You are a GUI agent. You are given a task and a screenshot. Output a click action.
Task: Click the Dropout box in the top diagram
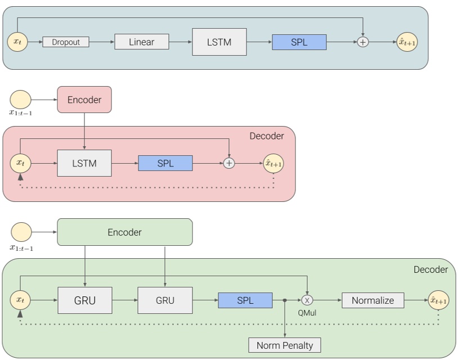[x=66, y=42]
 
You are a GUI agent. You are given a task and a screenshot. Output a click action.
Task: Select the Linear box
[x=142, y=42]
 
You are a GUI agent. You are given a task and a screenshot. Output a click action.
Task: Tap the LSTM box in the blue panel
[x=219, y=42]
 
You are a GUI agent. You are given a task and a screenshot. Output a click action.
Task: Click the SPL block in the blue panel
[x=299, y=42]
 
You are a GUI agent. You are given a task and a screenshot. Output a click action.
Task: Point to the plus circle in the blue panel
[x=363, y=42]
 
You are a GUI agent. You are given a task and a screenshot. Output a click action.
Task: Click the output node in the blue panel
[x=407, y=42]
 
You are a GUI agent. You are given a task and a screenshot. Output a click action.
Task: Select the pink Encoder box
[x=84, y=100]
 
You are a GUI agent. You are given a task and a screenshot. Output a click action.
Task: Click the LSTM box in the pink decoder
[x=84, y=164]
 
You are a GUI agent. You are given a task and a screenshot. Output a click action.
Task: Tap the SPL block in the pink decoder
[x=165, y=164]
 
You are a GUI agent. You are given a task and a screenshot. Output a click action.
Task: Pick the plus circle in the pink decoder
[x=228, y=164]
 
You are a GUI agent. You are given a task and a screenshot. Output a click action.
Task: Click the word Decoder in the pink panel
[x=267, y=136]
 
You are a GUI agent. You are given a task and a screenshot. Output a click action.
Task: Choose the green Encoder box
[x=125, y=232]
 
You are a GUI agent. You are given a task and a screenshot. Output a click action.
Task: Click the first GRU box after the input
[x=85, y=300]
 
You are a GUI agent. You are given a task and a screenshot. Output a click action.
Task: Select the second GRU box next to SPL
[x=165, y=300]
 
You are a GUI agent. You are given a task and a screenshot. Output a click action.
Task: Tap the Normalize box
[x=372, y=300]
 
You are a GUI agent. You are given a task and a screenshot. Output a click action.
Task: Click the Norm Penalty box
[x=285, y=345]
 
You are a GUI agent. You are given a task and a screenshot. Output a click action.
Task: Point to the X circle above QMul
[x=307, y=300]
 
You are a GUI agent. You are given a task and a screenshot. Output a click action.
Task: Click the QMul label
[x=307, y=312]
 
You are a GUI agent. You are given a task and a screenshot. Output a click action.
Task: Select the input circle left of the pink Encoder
[x=21, y=100]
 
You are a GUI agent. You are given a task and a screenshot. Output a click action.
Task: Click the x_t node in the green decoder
[x=20, y=300]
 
